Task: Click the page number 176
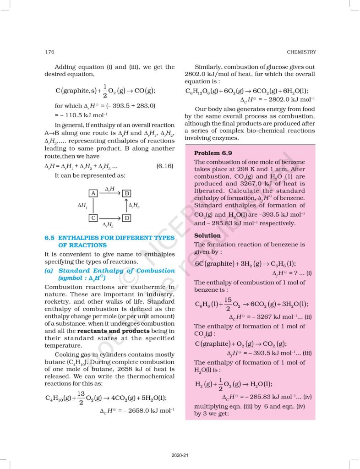coord(49,52)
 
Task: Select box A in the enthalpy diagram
coord(93,193)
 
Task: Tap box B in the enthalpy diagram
coord(126,193)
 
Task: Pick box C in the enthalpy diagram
coord(93,218)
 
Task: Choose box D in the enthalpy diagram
coord(126,218)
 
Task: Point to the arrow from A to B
coord(109,194)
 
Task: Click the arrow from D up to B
coord(126,206)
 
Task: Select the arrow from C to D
coord(109,218)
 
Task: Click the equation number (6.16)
coord(164,166)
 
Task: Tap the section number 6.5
coord(49,238)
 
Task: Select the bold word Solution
coord(207,235)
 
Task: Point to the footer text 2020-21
coord(179,455)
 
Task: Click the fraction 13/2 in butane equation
coord(81,398)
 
